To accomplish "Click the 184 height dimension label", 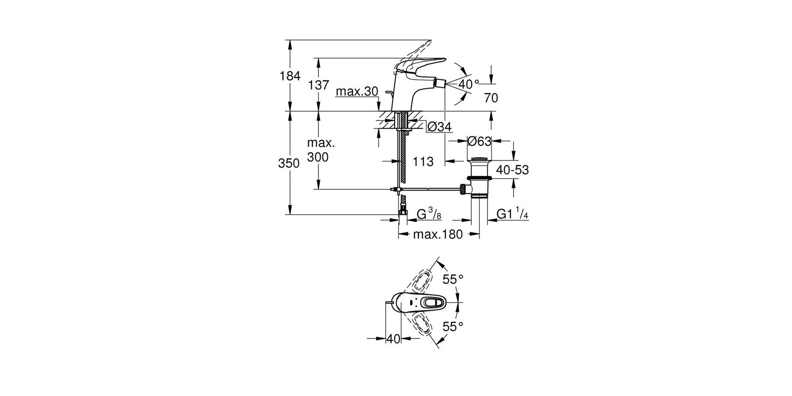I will [290, 76].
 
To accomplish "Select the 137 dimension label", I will [319, 85].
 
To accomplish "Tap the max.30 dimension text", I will [356, 92].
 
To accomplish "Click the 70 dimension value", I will [491, 98].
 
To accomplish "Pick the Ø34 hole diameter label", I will [440, 127].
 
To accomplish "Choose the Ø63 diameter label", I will [479, 141].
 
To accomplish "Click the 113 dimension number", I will [423, 162].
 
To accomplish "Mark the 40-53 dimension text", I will [513, 170].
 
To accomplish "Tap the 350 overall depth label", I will [289, 164].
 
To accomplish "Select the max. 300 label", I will [321, 150].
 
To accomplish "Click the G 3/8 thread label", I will [429, 215].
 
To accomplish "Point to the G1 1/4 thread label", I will [512, 215].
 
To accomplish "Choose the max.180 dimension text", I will [438, 235].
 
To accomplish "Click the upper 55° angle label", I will [453, 279].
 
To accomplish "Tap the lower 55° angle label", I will [453, 326].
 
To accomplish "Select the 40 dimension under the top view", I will [393, 339].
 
